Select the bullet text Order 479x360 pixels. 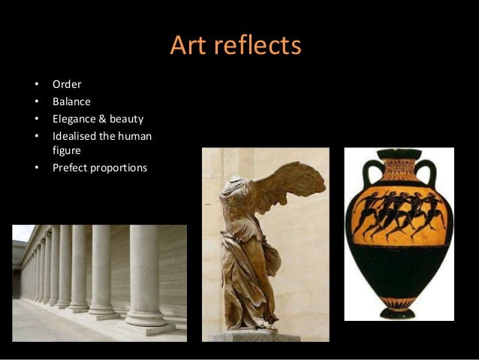[67, 83]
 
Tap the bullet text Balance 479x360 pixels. [71, 101]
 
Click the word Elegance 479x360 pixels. [77, 118]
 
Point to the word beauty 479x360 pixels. [128, 118]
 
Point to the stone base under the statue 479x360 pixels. [255, 336]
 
